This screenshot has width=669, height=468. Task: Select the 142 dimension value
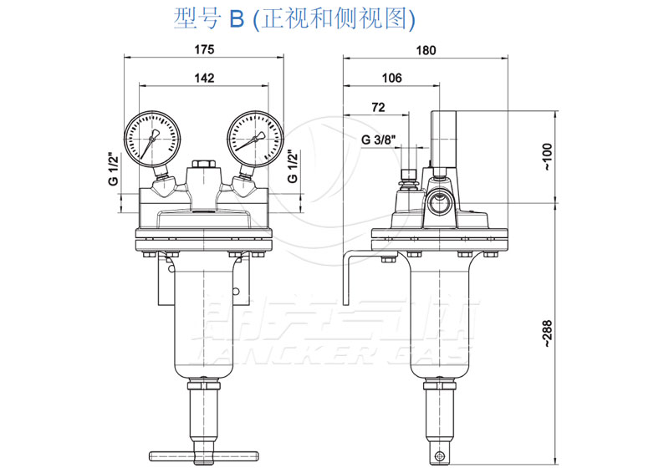[x=204, y=78]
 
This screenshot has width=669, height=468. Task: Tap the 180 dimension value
[x=426, y=49]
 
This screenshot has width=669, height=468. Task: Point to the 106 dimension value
[x=391, y=78]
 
